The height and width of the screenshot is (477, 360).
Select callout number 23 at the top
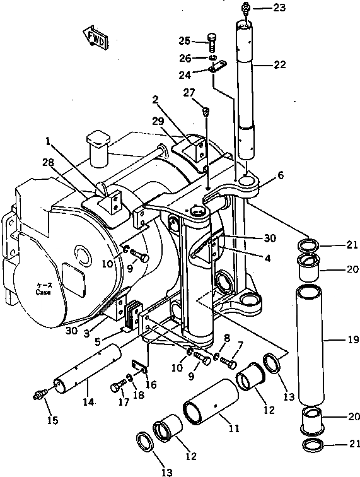pyautogui.click(x=279, y=8)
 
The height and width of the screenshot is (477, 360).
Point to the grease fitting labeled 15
pyautogui.click(x=40, y=396)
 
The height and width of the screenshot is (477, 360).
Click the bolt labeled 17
pyautogui.click(x=118, y=387)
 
